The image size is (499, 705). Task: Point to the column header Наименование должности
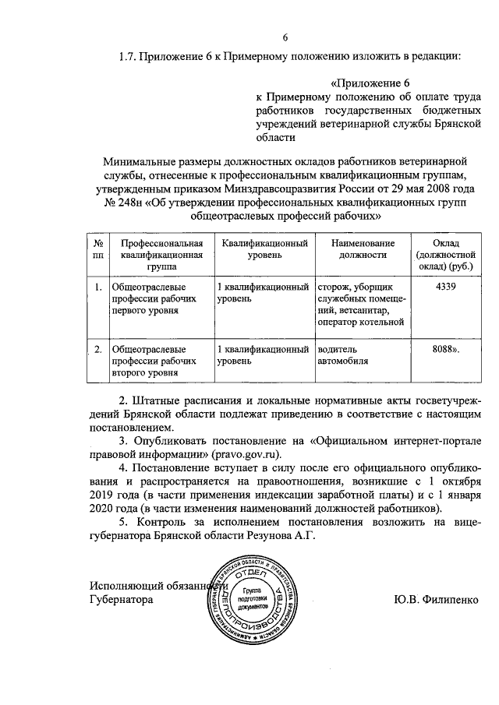point(363,249)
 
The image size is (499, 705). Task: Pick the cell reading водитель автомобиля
point(341,354)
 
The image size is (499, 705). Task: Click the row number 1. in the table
point(98,287)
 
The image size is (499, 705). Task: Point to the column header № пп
point(97,249)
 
